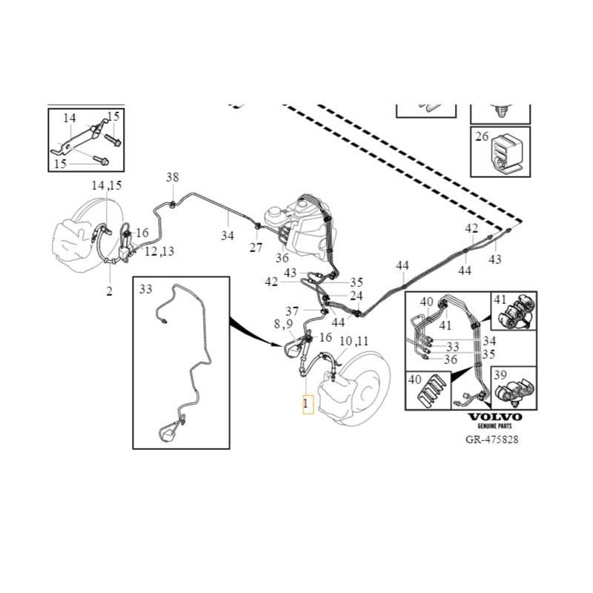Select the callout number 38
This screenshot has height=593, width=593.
(172, 177)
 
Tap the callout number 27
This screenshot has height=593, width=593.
(256, 248)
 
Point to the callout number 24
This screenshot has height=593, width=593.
(357, 295)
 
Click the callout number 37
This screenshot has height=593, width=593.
(293, 311)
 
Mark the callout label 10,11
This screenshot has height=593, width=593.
(354, 341)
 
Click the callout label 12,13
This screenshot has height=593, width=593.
(159, 252)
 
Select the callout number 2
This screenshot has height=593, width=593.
(109, 291)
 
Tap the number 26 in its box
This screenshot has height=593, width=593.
(483, 136)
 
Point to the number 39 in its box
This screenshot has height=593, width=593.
(500, 375)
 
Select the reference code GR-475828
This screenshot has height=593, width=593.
(493, 440)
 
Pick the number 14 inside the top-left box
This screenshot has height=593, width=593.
(69, 118)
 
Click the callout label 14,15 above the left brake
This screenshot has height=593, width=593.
(106, 185)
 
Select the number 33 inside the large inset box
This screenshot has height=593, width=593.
(145, 288)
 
